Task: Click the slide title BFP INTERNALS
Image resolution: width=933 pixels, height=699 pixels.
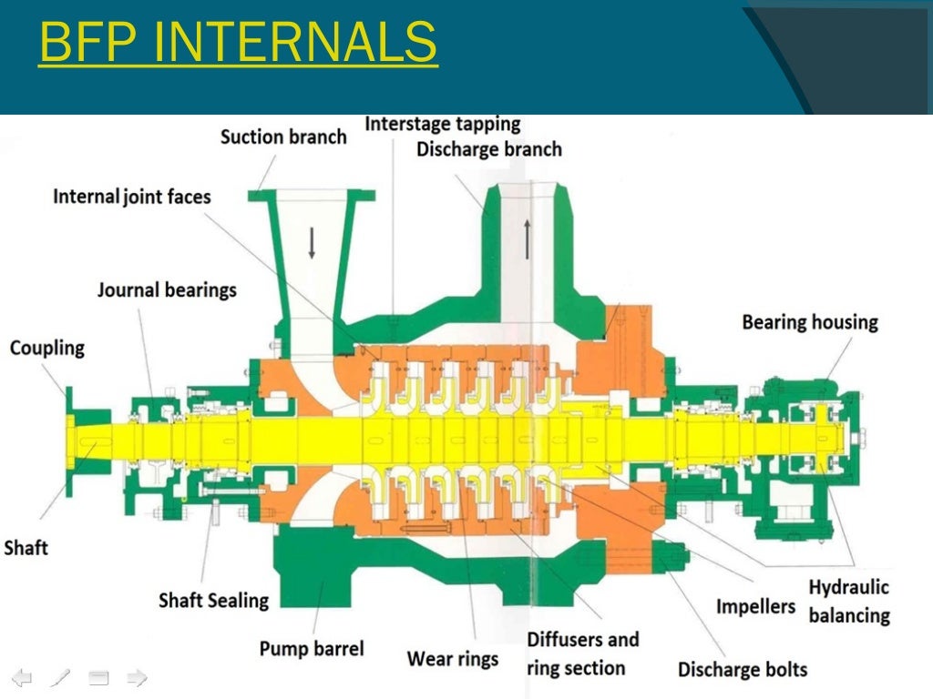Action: (238, 45)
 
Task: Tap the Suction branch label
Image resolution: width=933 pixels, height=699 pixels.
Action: (283, 137)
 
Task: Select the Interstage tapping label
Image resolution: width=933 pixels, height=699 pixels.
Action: (443, 124)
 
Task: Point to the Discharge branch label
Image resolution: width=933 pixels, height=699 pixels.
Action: (489, 148)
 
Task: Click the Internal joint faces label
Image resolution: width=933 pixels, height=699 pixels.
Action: (131, 197)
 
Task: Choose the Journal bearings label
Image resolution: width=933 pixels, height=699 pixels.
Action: (167, 291)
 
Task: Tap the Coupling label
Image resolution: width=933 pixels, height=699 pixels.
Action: (47, 348)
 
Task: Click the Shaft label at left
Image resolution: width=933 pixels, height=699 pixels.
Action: (26, 548)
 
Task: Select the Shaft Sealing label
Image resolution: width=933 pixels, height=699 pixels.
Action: (214, 601)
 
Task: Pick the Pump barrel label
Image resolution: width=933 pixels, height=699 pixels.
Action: (312, 649)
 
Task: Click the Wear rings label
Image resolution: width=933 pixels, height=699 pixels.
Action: (453, 658)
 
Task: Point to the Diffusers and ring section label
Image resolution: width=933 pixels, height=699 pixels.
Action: (582, 653)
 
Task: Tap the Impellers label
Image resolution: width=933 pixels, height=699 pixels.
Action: (755, 606)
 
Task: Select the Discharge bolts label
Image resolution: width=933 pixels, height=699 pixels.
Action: (743, 670)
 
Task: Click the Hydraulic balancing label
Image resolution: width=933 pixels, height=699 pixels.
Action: (848, 601)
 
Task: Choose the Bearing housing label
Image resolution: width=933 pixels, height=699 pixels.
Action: (810, 322)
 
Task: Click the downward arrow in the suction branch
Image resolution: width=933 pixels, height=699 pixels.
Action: (312, 242)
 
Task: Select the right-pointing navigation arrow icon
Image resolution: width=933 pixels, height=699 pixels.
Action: (137, 677)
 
